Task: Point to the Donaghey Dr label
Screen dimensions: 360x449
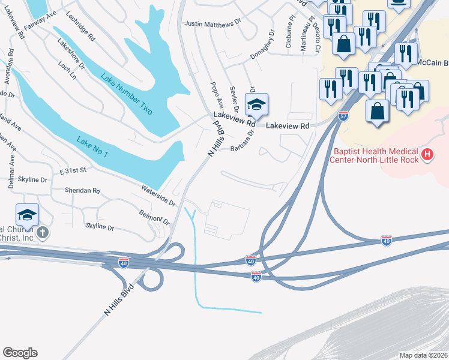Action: coord(262,36)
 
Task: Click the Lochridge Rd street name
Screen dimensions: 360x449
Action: coord(80,28)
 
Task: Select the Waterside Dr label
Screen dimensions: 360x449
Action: coord(158,196)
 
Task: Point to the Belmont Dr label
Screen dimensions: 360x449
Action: coord(155,216)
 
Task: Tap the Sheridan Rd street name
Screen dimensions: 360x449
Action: coord(82,190)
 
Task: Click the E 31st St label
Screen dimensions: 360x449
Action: coord(73,171)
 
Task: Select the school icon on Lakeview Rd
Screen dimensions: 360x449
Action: coord(256,106)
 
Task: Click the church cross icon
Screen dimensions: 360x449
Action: coord(43,232)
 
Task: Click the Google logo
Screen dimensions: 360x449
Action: coord(20,353)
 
